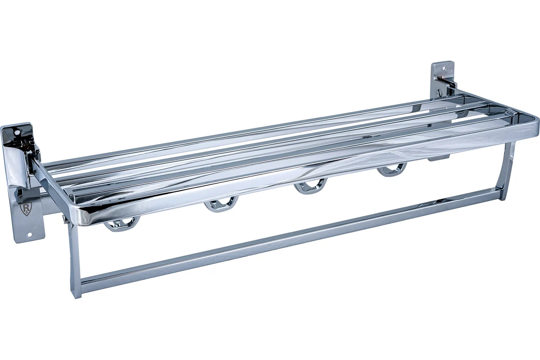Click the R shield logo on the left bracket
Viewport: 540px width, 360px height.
tap(26, 209)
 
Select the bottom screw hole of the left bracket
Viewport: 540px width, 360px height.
tap(29, 234)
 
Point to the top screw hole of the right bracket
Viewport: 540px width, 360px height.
tap(444, 68)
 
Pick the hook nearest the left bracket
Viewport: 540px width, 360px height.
tap(122, 224)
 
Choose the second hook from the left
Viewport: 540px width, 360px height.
tap(221, 204)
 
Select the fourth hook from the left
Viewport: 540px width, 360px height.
tap(392, 170)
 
